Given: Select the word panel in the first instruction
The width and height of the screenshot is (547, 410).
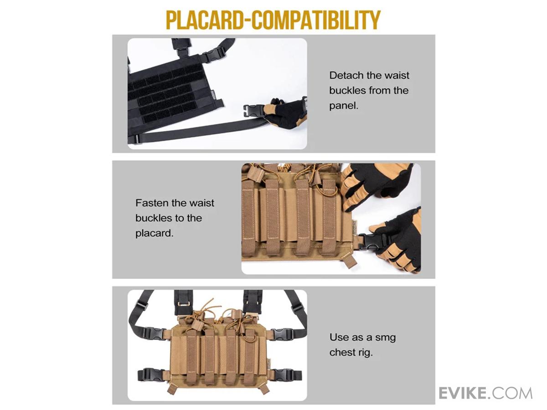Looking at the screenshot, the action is (x=344, y=106).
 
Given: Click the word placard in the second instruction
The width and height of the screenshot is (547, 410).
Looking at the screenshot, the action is (x=154, y=234).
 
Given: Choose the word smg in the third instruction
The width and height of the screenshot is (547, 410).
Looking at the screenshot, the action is (x=386, y=338).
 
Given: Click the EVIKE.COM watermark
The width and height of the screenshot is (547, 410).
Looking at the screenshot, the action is (x=485, y=393).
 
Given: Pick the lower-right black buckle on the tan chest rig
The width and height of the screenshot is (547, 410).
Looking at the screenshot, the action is (x=287, y=374).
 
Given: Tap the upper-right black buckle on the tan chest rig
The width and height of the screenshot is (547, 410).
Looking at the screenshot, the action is (x=282, y=334).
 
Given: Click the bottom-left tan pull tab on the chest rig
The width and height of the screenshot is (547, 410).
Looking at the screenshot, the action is (x=172, y=389).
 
